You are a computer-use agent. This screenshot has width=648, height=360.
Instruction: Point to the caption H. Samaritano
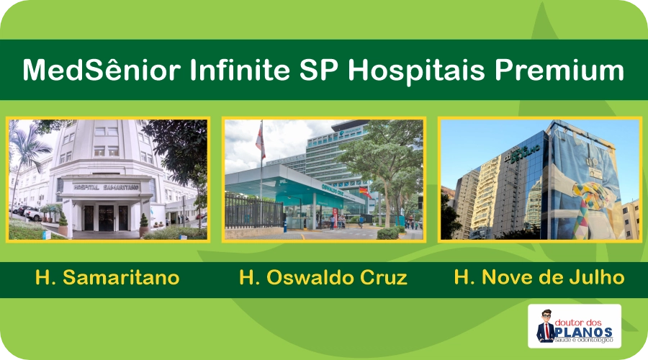point(107,278)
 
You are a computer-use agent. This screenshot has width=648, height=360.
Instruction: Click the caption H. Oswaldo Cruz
point(323,278)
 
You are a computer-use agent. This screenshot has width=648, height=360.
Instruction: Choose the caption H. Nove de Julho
point(539,278)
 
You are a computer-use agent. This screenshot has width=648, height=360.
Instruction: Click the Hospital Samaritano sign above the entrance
point(106,186)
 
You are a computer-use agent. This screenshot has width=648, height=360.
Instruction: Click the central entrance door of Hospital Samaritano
point(106,217)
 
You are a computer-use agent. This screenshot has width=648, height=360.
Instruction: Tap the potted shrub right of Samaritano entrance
point(143,221)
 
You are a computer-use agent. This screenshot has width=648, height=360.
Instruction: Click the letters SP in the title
point(325,71)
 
